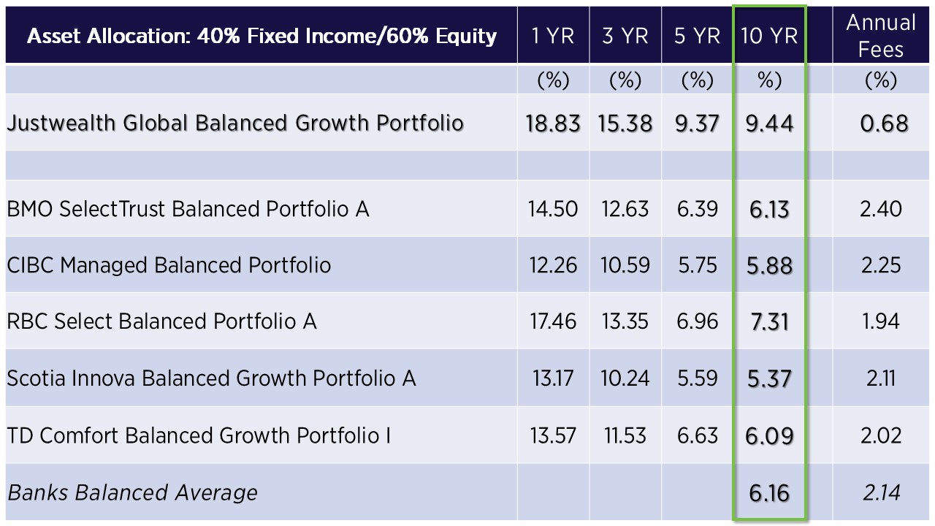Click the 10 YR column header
point(769,36)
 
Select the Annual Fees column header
point(881,36)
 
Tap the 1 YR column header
point(553,36)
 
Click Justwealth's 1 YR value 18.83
point(553,123)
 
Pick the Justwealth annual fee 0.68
point(884,123)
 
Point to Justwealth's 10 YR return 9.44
point(769,123)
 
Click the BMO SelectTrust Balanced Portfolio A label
point(188,209)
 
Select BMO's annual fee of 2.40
point(881,209)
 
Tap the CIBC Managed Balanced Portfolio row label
point(169,265)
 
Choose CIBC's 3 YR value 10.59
point(625,265)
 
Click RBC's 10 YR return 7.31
point(769,322)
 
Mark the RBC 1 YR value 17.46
point(553,321)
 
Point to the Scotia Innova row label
point(211,378)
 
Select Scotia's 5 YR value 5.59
point(697,378)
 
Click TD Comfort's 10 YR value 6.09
point(769,436)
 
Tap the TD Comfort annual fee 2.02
point(881,435)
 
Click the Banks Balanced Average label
point(133,492)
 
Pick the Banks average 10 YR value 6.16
point(769,493)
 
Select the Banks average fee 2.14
point(881,492)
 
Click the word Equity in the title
point(466,37)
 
